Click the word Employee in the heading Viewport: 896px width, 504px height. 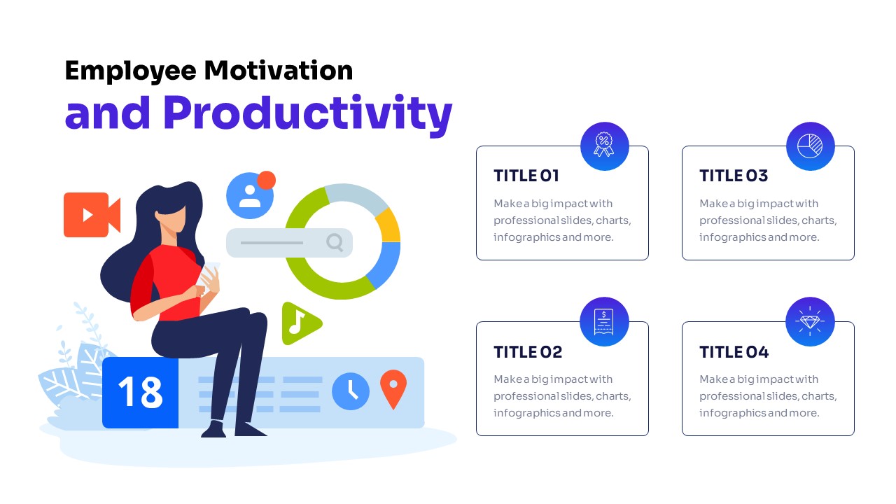[x=130, y=71]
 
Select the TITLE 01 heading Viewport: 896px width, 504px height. [x=526, y=176]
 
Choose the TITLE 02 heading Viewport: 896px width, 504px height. [x=528, y=352]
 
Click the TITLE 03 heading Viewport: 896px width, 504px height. [x=734, y=176]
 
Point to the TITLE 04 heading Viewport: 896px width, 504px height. [x=734, y=352]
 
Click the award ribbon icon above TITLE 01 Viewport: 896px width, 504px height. [x=604, y=145]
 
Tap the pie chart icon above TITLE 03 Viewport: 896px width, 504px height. [x=810, y=146]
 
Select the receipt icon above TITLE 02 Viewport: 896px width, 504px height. [x=604, y=321]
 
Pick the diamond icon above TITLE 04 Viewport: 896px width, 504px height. [x=810, y=321]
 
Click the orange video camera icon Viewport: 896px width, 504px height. [x=92, y=215]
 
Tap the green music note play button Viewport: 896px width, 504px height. [x=301, y=323]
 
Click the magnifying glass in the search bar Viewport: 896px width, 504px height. [x=335, y=242]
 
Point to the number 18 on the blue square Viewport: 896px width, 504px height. [x=141, y=392]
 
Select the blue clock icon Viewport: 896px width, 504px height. [x=351, y=391]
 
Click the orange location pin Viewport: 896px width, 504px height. [x=393, y=388]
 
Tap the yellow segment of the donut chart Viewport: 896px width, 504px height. [x=388, y=225]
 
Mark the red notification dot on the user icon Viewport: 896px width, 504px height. [x=267, y=180]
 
